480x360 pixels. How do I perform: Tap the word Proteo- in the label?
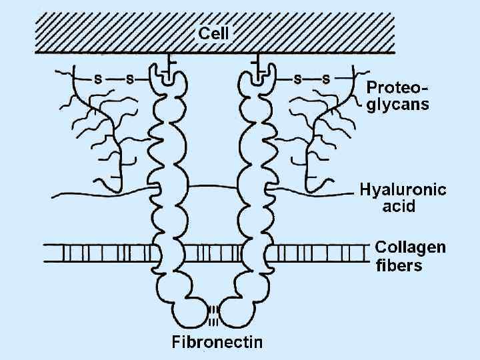coord(398,88)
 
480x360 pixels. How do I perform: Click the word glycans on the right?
coord(398,104)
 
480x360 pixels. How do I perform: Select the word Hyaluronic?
coord(403,189)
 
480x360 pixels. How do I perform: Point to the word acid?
coord(399,206)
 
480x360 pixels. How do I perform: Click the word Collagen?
coord(410,247)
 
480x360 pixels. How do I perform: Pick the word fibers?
coord(399,265)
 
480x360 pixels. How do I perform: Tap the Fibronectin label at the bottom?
coord(217,343)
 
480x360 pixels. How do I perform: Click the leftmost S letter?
coord(98,79)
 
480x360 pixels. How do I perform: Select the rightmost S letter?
coord(326,79)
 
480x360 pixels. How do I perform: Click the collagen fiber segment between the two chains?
coord(212,253)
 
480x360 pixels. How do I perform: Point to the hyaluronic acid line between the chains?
coord(212,189)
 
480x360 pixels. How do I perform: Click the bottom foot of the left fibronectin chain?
coord(190,313)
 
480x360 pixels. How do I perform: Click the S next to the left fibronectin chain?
coord(129,79)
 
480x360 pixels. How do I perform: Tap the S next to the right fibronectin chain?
coord(296,79)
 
